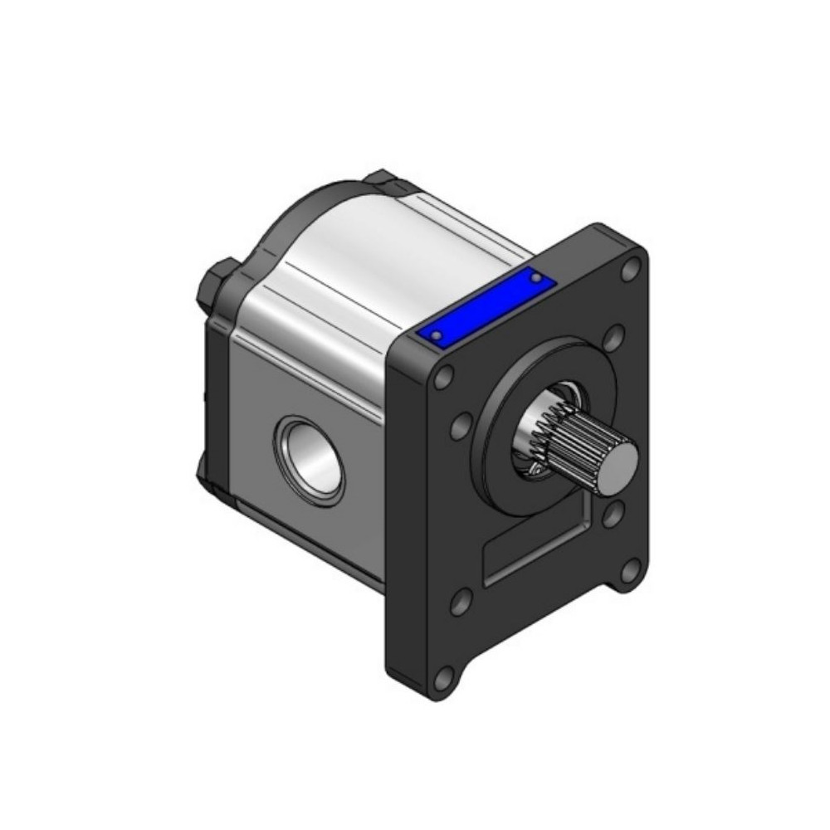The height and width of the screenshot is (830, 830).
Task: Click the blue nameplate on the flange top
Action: pyautogui.click(x=486, y=306)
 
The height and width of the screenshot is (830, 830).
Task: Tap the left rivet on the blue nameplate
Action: pyautogui.click(x=437, y=334)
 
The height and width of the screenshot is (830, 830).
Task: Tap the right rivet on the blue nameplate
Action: pyautogui.click(x=536, y=277)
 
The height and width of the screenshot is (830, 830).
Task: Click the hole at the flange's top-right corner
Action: pyautogui.click(x=631, y=268)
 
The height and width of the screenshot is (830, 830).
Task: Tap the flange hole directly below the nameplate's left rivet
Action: pyautogui.click(x=444, y=378)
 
